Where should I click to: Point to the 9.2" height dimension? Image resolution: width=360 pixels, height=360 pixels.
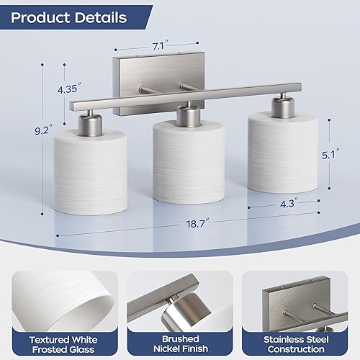tap(44, 130)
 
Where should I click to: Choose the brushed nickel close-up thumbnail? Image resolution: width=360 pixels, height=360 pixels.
tap(180, 295)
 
